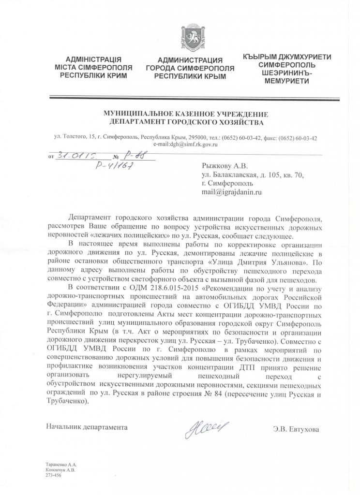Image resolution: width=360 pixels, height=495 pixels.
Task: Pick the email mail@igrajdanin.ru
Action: tap(231, 192)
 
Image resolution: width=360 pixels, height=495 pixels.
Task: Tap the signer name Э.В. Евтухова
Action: tap(296, 428)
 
